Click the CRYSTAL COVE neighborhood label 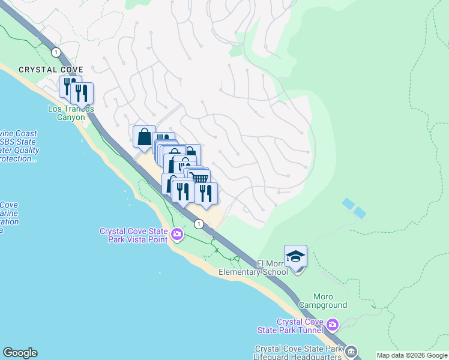pos(50,70)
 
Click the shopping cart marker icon pos(199,178)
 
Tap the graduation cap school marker pos(295,256)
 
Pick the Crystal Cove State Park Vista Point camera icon pos(176,233)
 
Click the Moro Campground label pos(330,301)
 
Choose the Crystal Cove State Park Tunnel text pos(299,326)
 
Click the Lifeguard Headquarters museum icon pos(351,351)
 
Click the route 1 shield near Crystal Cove pos(56,52)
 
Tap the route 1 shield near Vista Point pos(198,224)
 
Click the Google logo pos(20,353)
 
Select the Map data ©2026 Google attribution pos(412,355)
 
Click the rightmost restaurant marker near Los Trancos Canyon pos(82,92)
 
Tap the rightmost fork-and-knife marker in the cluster pos(205,193)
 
